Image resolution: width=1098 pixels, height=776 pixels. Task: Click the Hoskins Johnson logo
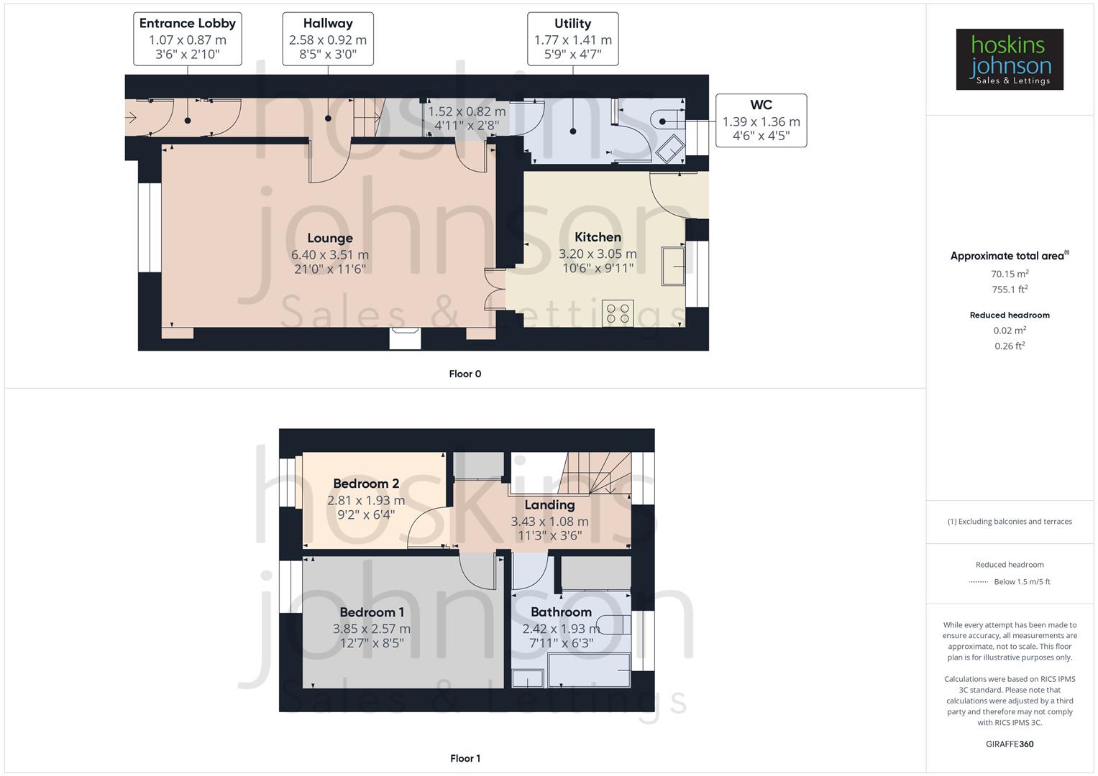click(1009, 60)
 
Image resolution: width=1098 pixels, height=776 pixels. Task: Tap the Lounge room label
click(330, 238)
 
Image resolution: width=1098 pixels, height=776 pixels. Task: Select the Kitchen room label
click(598, 237)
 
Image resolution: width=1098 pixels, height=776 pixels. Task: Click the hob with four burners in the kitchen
click(618, 313)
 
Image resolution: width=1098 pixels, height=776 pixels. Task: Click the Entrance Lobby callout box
click(188, 39)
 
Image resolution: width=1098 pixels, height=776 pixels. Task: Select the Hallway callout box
click(328, 39)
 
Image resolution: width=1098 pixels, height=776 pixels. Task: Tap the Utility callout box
click(572, 39)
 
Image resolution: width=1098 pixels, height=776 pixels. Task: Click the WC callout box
click(761, 120)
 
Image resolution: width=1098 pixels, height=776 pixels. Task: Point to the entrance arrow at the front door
click(132, 119)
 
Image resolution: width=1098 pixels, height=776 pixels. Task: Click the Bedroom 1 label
click(372, 612)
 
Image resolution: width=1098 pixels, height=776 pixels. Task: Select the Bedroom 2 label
click(366, 484)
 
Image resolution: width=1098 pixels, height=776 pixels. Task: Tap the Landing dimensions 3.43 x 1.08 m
click(549, 522)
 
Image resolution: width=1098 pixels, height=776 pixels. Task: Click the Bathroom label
click(561, 612)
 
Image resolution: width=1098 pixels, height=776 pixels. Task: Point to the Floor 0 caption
click(465, 374)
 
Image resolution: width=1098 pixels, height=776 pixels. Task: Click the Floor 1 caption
click(465, 758)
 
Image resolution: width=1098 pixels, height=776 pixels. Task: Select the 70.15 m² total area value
click(1010, 274)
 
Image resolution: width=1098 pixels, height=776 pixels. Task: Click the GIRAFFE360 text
click(1010, 744)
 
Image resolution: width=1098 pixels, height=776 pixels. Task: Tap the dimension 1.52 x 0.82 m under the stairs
click(467, 112)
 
